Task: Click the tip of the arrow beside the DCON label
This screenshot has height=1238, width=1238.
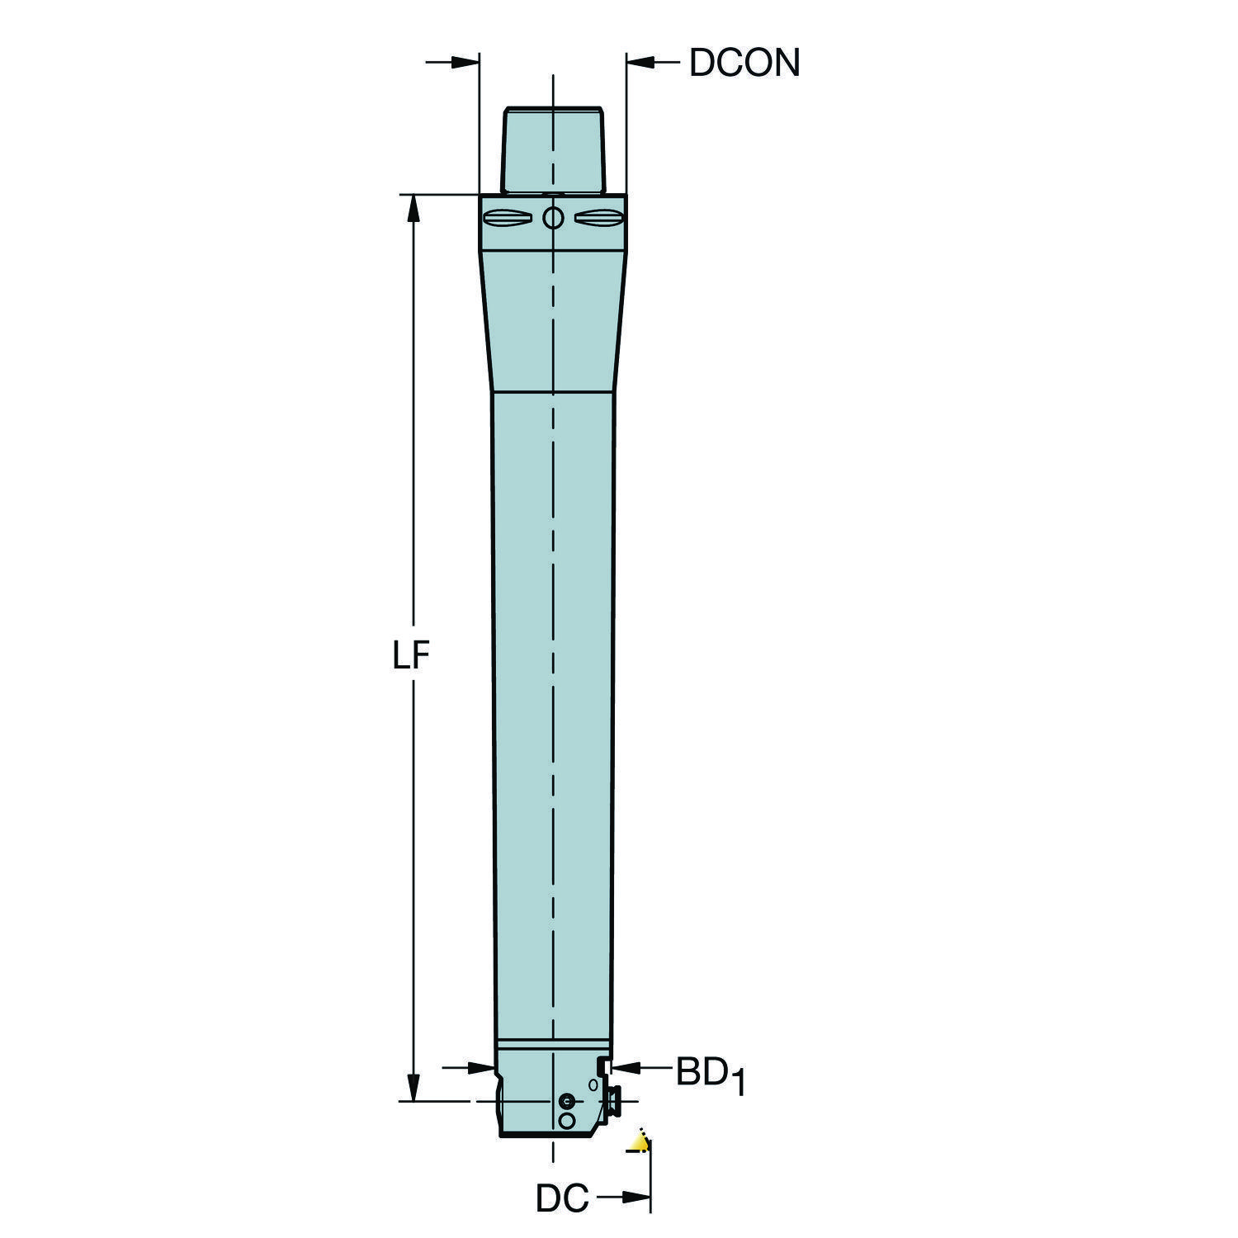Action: tap(626, 61)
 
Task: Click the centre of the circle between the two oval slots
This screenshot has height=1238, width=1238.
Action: tap(553, 219)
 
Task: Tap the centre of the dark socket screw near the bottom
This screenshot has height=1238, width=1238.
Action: tap(566, 1102)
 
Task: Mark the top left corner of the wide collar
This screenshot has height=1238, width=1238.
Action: tap(480, 195)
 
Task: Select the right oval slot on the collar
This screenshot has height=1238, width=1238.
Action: tap(598, 219)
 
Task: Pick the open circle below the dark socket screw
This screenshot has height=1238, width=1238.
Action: tap(566, 1121)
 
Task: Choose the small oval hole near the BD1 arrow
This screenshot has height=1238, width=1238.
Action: tap(593, 1084)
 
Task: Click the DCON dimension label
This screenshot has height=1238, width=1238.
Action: tap(744, 63)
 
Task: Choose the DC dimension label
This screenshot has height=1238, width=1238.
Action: tap(563, 1199)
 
